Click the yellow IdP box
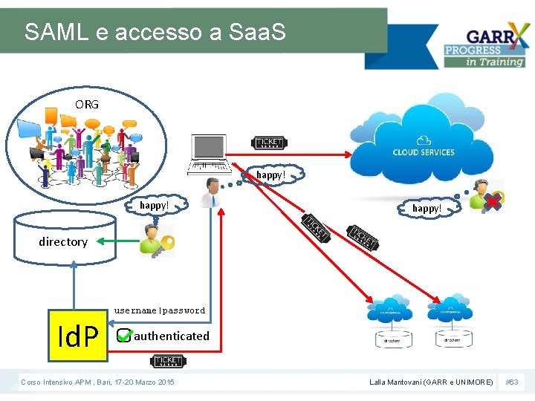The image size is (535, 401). tap(78, 335)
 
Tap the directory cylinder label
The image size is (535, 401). tap(63, 241)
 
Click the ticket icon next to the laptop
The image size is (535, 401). tap(270, 143)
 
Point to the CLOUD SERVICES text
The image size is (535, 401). tap(424, 152)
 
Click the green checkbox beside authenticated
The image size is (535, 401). tap(124, 336)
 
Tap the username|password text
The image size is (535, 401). tap(159, 310)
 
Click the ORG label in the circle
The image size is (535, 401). tap(86, 104)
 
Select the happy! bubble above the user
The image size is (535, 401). tap(270, 175)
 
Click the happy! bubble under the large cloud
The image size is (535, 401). tap(427, 209)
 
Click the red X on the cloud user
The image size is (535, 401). tap(491, 201)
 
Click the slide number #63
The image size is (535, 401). tap(512, 382)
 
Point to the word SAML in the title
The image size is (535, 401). tap(51, 32)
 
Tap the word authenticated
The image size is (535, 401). tap(172, 336)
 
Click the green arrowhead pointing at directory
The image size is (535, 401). tap(102, 241)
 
